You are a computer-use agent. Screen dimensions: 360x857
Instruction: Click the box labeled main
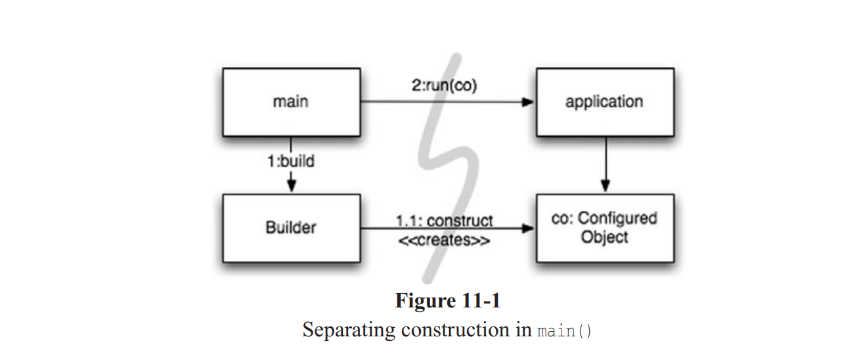click(291, 102)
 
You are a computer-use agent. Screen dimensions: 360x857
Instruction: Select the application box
click(604, 102)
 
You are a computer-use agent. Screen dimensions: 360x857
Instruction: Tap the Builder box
click(291, 228)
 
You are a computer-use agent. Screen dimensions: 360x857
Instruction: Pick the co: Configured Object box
click(604, 228)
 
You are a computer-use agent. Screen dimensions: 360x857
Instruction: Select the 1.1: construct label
click(445, 219)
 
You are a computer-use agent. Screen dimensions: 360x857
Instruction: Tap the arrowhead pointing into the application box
click(527, 102)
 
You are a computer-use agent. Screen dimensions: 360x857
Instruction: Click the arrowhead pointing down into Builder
click(291, 187)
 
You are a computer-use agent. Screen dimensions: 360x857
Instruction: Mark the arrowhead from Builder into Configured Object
click(527, 229)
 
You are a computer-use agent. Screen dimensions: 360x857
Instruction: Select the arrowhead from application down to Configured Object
click(605, 187)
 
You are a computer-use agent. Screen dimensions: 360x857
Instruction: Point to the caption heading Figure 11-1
click(448, 301)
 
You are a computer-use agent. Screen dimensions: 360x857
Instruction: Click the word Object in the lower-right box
click(604, 238)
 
